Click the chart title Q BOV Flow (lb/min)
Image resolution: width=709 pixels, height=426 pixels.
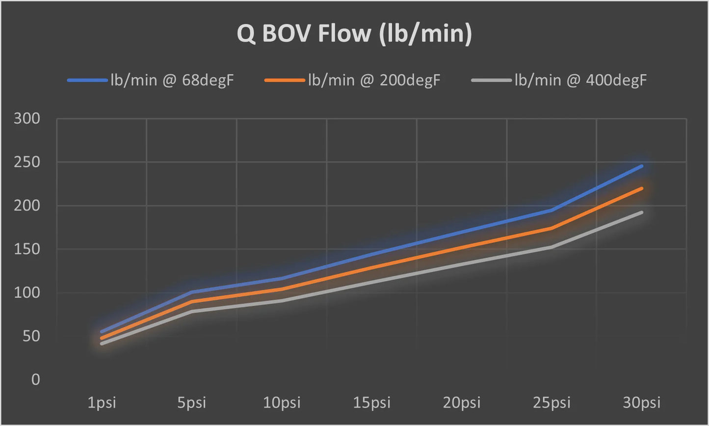coord(354,34)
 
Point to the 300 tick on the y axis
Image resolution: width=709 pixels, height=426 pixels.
coord(27,118)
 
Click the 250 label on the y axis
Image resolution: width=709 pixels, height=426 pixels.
coord(27,162)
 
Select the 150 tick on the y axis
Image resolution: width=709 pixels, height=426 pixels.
coord(27,249)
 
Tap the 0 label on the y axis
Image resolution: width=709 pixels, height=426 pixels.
coord(35,379)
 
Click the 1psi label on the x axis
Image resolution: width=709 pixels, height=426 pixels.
coord(102,403)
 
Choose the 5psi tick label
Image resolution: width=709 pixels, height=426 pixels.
coord(192,403)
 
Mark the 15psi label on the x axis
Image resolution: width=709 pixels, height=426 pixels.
coord(371,403)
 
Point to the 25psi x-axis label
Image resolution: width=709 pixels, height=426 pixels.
coord(551,403)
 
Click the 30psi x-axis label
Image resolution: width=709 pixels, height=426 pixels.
coord(642,403)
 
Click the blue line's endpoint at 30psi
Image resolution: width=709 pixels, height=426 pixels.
coord(642,166)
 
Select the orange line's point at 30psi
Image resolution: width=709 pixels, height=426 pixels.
coord(642,188)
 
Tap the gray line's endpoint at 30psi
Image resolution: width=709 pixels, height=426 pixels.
coord(642,212)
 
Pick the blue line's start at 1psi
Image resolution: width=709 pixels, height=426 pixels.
coord(102,332)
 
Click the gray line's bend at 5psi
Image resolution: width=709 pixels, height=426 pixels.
coord(192,311)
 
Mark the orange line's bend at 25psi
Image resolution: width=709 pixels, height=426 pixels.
coord(551,228)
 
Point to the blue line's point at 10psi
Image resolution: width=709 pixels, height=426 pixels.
coord(282,278)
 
